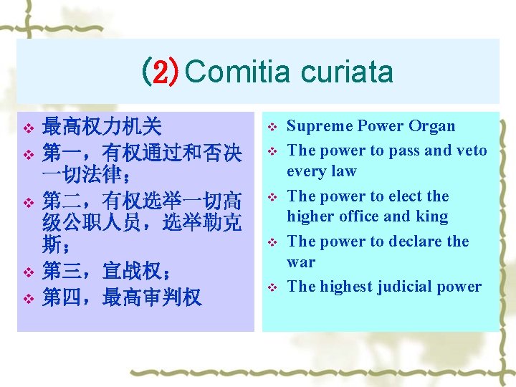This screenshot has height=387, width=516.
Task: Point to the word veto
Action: [471, 150]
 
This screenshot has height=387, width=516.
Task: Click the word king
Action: [432, 216]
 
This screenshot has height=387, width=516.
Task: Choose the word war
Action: [301, 262]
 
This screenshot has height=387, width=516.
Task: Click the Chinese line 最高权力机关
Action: [102, 128]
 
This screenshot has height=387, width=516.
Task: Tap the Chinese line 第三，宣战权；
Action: [107, 272]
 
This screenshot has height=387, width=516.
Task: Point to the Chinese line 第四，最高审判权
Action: [122, 297]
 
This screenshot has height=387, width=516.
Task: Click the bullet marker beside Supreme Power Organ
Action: [272, 128]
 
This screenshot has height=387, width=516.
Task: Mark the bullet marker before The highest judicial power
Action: [272, 287]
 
